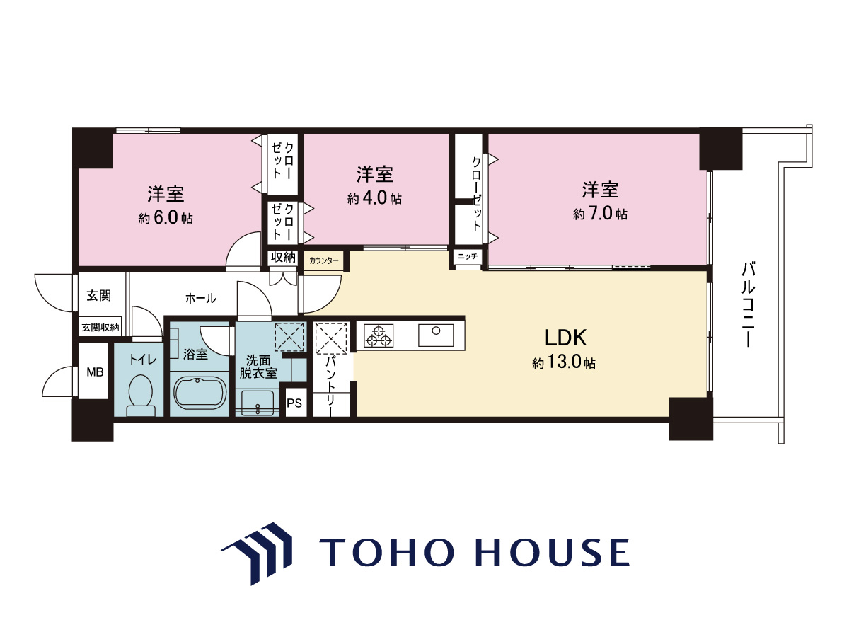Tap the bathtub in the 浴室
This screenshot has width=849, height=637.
pos(200,394)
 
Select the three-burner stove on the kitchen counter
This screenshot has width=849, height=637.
pos(379,335)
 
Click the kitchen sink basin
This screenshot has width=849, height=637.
pos(436,335)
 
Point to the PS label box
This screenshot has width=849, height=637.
pos(294,403)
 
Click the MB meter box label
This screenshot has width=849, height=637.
pos(95,372)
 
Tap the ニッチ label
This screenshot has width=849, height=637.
pos(468,256)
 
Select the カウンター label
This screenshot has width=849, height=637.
pos(324,260)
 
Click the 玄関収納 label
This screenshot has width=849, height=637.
pos(100,328)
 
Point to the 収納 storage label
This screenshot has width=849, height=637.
pos(283,257)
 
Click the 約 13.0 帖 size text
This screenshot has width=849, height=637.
pos(564,362)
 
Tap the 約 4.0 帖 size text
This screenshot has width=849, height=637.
pos(374,199)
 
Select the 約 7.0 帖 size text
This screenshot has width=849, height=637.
pos(600,214)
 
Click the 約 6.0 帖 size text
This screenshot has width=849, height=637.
pos(166,219)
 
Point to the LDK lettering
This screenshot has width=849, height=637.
pos(565,338)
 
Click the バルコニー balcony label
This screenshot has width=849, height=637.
pos(748,305)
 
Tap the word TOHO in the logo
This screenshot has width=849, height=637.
pos(387,552)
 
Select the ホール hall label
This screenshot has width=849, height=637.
pos(200,298)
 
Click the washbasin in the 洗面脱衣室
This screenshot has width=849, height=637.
pos(258,403)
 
